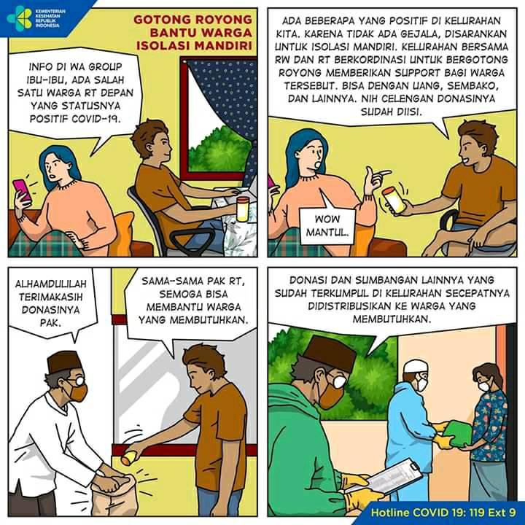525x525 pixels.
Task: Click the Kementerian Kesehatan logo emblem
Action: point(19,18)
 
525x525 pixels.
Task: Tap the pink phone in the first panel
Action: point(22,190)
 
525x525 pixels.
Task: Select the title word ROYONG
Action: point(223,20)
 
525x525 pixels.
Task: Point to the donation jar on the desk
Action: point(243,209)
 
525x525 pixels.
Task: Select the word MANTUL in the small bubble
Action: point(327,232)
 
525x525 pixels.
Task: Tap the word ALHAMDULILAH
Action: point(50,284)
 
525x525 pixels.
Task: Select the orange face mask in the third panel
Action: point(78,392)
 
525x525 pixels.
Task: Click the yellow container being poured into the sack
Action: point(129,457)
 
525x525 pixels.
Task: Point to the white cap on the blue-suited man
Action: point(414,366)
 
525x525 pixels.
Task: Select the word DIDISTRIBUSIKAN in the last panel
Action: point(349,306)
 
